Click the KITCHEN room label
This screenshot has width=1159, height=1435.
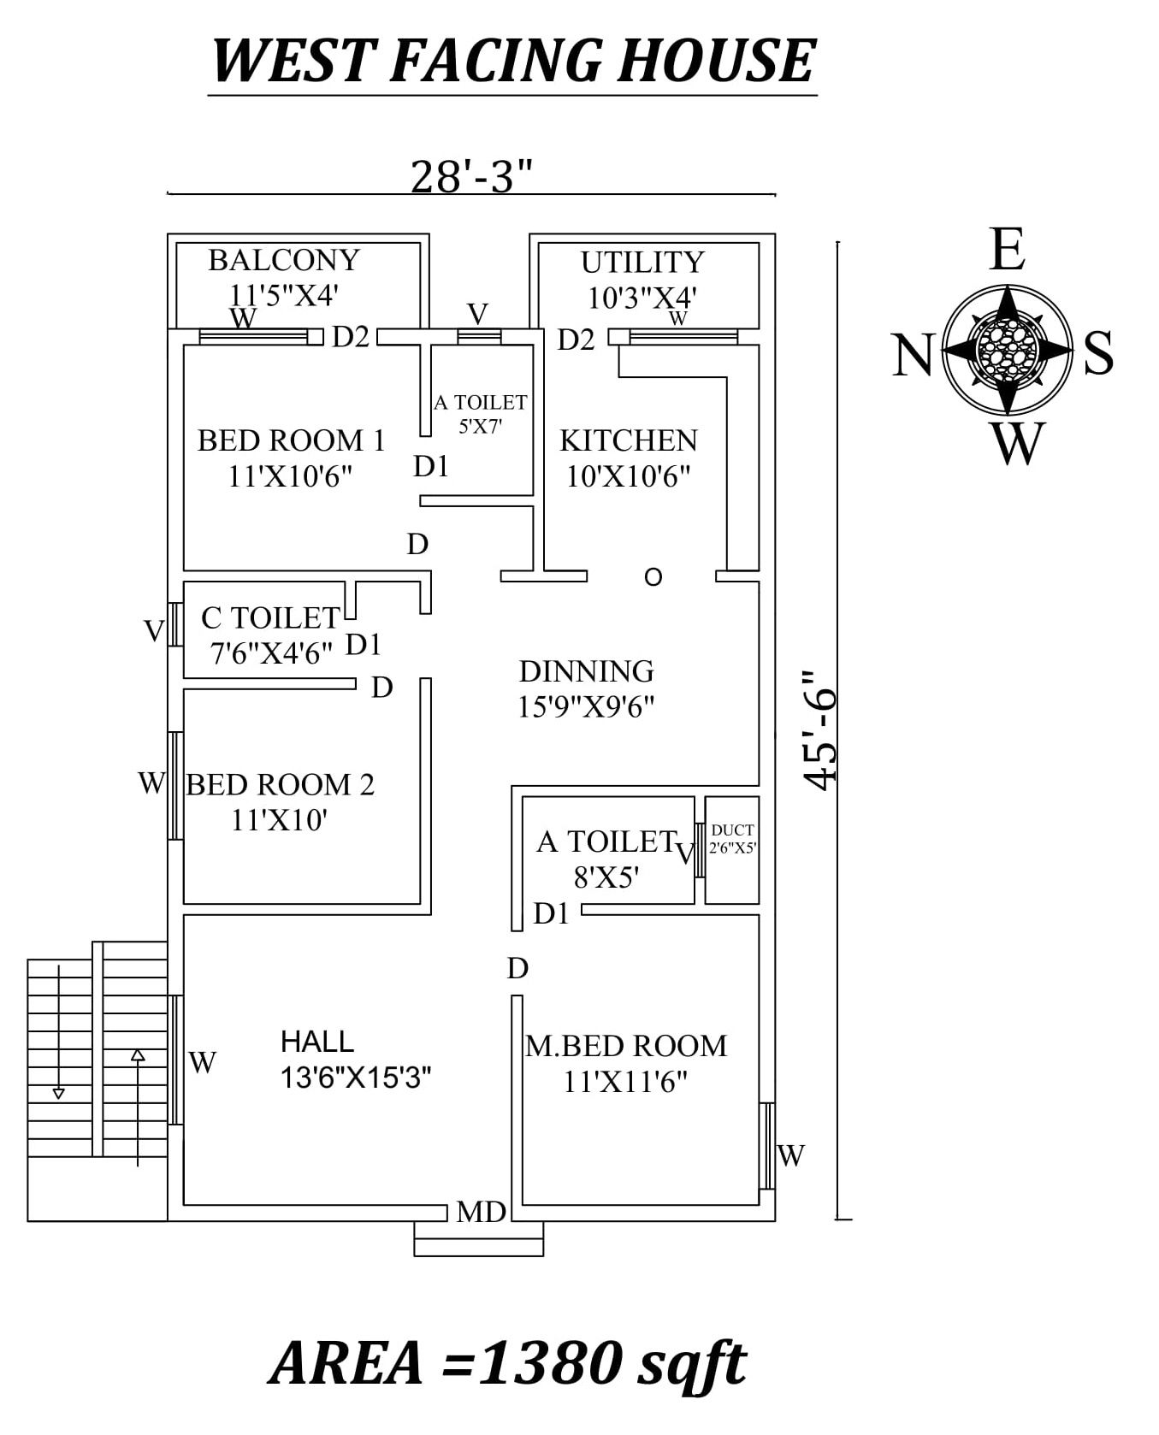point(628,441)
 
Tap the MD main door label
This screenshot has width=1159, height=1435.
point(481,1211)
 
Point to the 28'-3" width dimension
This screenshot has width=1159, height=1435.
point(471,177)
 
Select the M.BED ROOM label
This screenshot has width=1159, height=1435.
point(625,1046)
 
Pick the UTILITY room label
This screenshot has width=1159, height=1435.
point(642,263)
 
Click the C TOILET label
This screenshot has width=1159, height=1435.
point(270,617)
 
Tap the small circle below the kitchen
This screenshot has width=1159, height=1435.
point(653,577)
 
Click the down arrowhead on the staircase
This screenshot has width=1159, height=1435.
point(58,1093)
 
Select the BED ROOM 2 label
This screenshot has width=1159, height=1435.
point(280,784)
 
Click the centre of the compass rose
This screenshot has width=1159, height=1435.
point(1007,348)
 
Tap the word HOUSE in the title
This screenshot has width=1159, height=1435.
point(714,61)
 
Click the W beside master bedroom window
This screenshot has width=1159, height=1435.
point(791,1155)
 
